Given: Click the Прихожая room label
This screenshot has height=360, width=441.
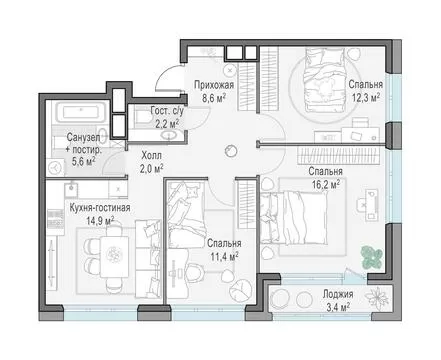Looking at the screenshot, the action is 214,85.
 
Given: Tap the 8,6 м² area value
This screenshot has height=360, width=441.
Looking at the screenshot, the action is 214,98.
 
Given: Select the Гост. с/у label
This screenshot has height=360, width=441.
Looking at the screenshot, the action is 167,111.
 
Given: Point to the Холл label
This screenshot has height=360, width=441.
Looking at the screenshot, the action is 152,155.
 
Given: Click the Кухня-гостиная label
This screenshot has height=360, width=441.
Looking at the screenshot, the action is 100,208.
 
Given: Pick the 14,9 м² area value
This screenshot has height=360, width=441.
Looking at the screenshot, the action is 100,221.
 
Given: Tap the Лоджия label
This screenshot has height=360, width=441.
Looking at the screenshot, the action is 338,294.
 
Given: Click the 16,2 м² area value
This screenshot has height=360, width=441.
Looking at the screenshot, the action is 326,184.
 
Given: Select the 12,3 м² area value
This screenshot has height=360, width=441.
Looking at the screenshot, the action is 366,98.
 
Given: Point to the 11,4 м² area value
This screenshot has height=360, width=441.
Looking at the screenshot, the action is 224,256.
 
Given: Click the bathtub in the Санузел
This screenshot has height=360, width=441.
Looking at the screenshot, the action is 81,112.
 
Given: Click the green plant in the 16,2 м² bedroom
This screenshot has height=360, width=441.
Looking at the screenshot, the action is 372,257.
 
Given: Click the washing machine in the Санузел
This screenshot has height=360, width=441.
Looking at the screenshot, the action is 55,167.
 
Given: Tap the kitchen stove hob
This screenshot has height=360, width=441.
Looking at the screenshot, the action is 55,218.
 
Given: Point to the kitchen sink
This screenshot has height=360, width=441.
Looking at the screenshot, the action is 71,190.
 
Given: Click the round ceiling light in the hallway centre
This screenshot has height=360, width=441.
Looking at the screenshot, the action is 231,151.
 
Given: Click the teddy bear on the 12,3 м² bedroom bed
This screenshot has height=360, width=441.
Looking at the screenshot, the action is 324,87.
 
